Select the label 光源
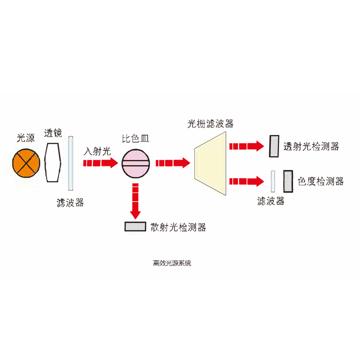[x=26, y=138]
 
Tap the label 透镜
[x=53, y=133]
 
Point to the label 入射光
[x=97, y=151]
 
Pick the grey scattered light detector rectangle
[x=135, y=226]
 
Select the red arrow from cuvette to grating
[x=172, y=163]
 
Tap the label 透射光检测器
[x=311, y=147]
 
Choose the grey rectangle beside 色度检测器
[x=288, y=180]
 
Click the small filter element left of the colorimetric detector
[x=273, y=181]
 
